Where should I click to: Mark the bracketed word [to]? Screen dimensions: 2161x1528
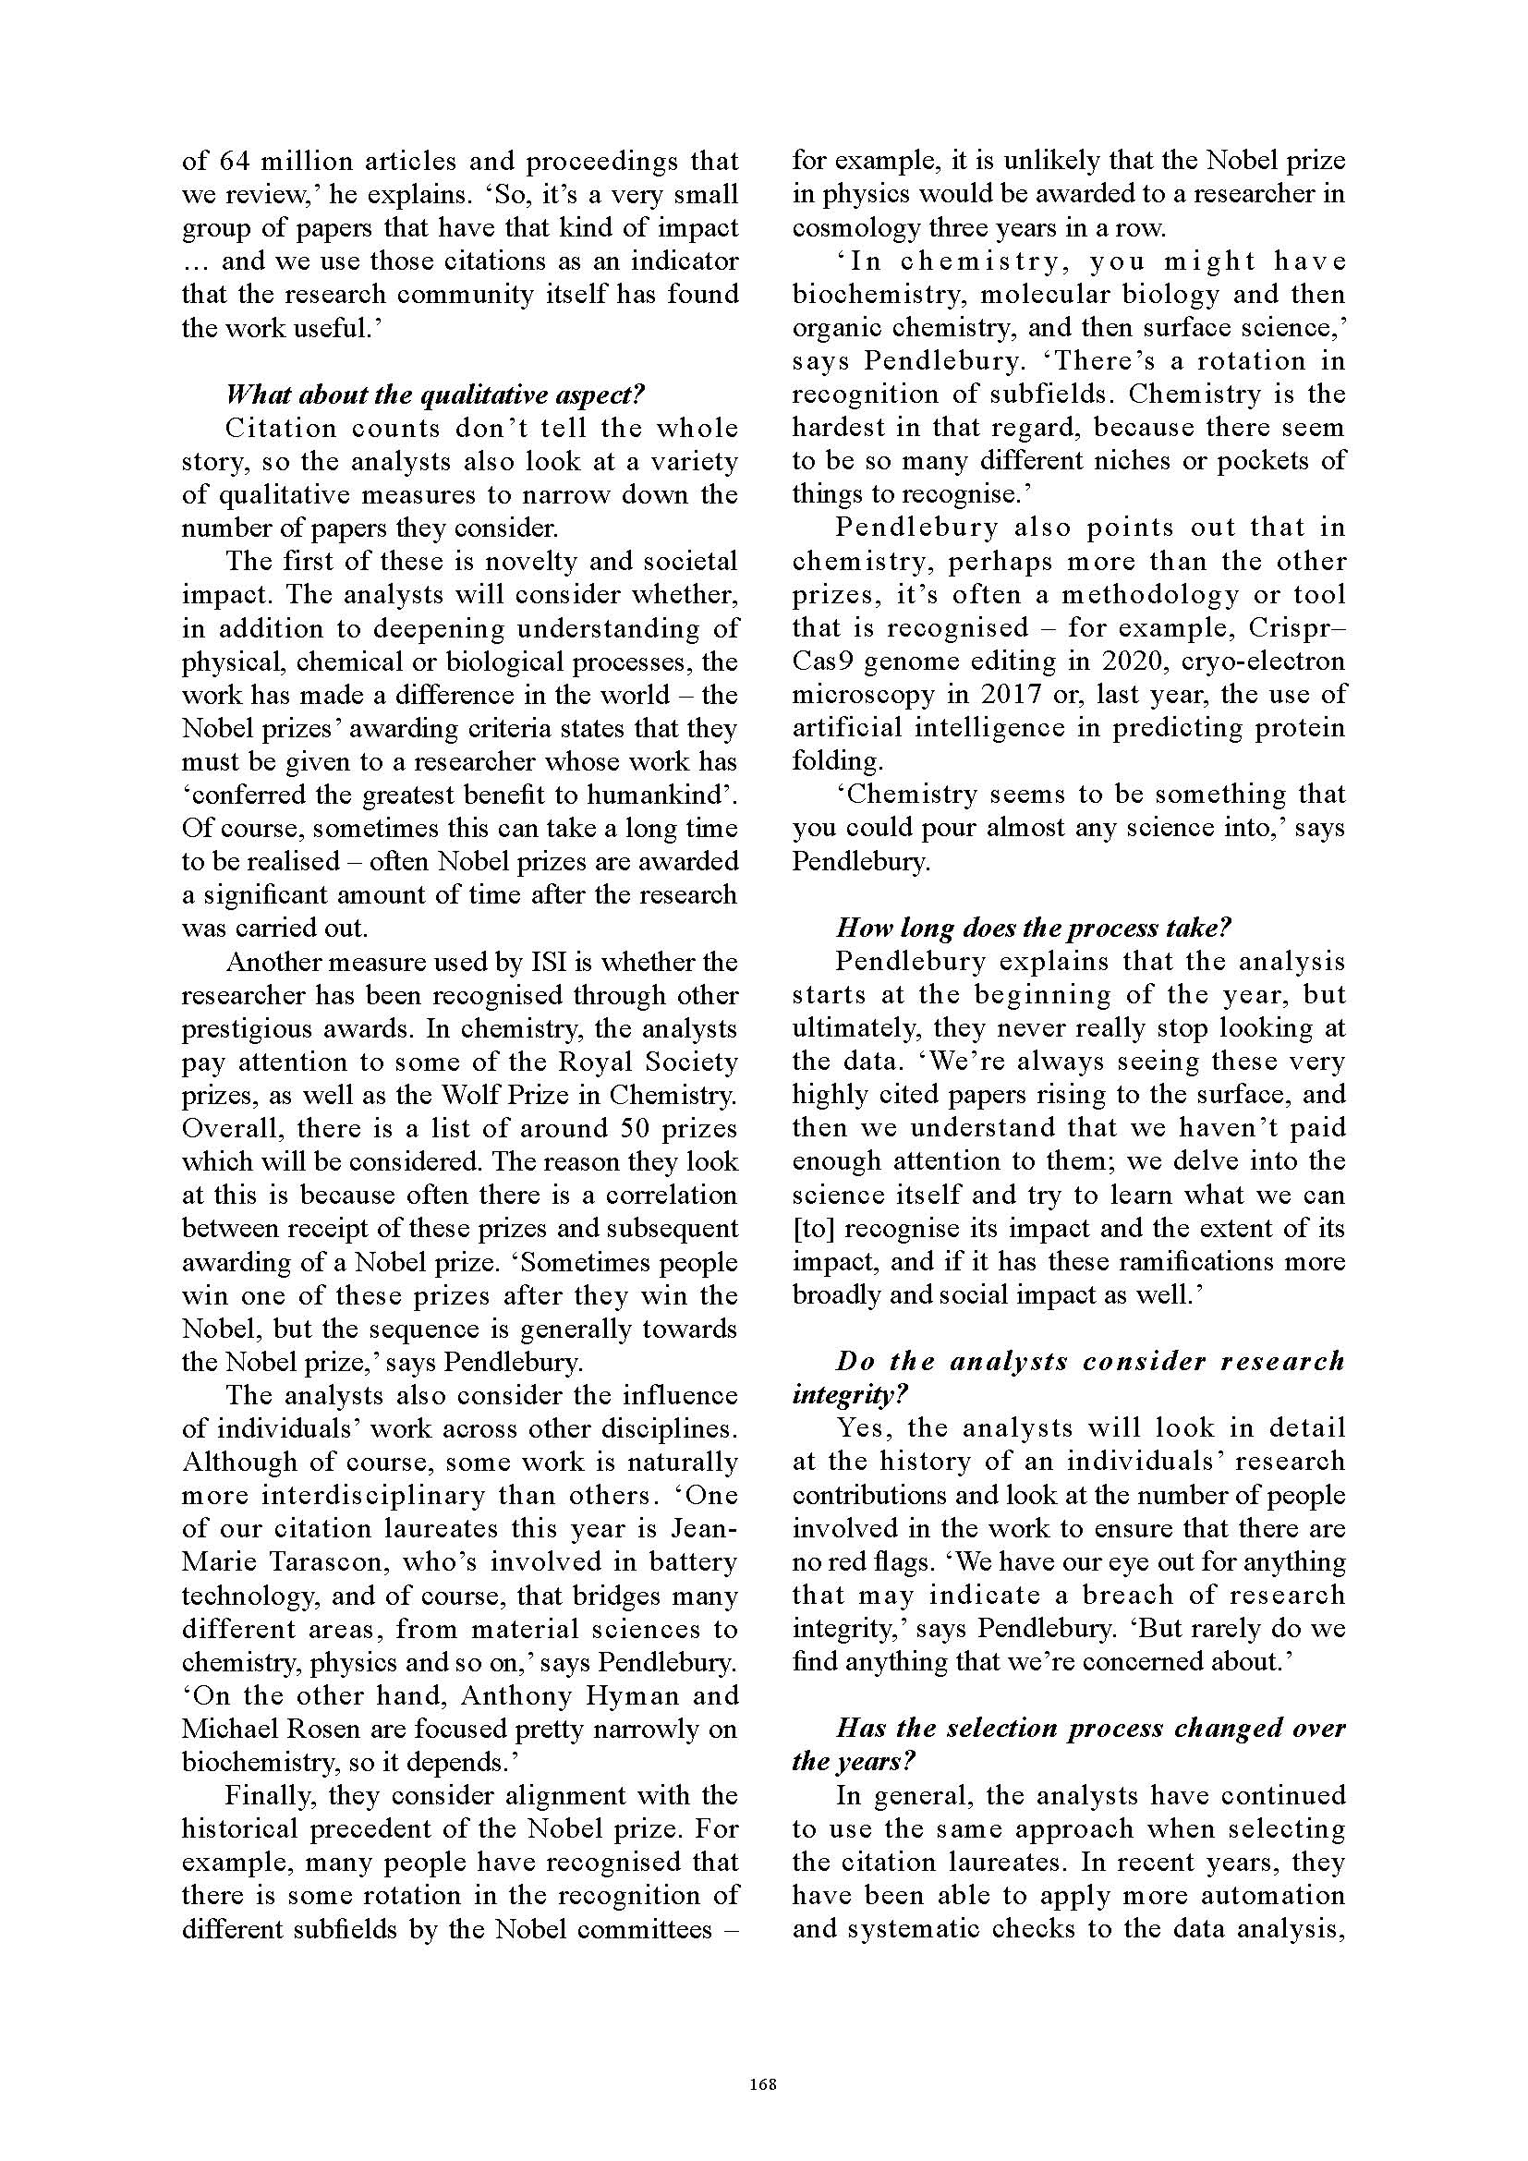click(x=812, y=1227)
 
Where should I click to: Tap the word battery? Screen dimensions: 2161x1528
click(x=691, y=1561)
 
